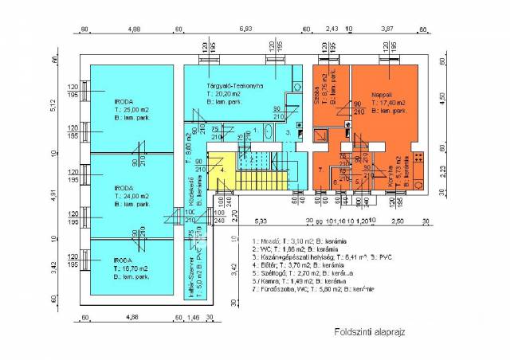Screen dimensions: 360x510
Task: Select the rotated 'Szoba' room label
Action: (316, 86)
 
